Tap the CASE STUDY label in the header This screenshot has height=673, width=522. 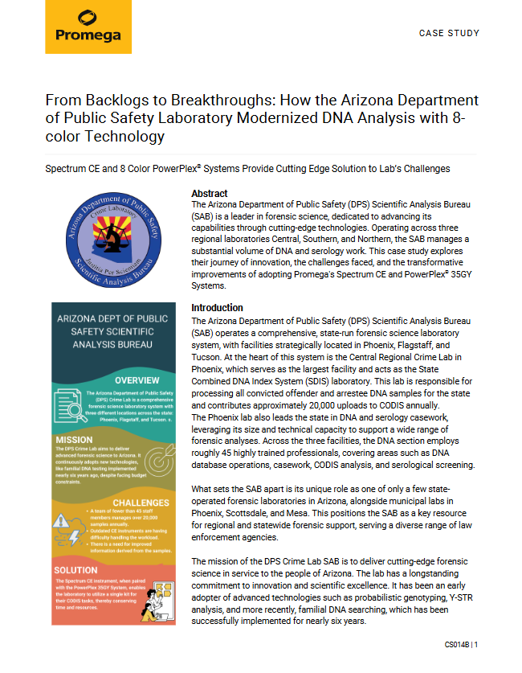(x=449, y=34)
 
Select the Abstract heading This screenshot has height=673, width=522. (x=209, y=194)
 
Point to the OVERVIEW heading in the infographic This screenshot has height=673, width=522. (x=141, y=380)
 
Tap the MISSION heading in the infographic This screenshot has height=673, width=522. (x=74, y=440)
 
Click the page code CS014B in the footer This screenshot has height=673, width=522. (x=457, y=645)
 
